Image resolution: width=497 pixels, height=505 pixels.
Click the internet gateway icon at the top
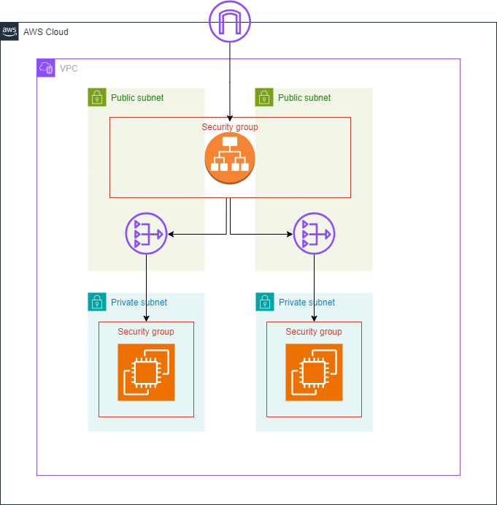click(x=230, y=21)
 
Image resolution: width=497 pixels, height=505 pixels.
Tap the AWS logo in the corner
click(x=9, y=31)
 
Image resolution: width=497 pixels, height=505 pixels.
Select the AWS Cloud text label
click(x=45, y=32)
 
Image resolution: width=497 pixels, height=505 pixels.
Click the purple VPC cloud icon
click(x=46, y=68)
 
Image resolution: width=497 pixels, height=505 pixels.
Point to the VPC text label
click(x=69, y=69)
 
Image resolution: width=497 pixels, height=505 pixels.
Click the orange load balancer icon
click(x=230, y=157)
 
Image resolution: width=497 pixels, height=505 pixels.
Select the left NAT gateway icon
click(x=146, y=235)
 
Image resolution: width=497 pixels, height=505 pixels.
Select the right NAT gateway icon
click(x=314, y=235)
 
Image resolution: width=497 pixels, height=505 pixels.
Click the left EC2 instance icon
click(x=146, y=373)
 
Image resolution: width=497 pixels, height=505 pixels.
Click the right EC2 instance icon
click(x=314, y=373)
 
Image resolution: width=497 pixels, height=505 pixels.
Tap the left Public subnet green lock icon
click(x=97, y=97)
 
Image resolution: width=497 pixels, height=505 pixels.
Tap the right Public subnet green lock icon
click(x=264, y=97)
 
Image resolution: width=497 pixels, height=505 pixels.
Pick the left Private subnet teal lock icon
click(x=97, y=302)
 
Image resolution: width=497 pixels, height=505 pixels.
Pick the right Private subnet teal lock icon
click(x=265, y=302)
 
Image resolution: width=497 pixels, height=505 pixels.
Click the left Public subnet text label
click(x=137, y=98)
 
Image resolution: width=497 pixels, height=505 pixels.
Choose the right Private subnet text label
click(x=307, y=303)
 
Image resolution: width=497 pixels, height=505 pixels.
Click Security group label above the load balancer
click(x=230, y=127)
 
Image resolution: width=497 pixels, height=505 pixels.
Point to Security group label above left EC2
click(x=146, y=332)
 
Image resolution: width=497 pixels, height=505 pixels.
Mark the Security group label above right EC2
click(x=314, y=332)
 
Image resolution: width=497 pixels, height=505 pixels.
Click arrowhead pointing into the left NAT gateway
click(x=172, y=235)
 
